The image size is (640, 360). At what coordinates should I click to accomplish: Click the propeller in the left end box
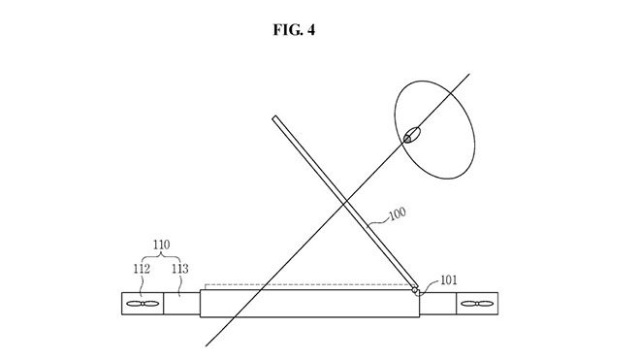142,304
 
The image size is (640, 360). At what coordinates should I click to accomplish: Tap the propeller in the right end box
473,304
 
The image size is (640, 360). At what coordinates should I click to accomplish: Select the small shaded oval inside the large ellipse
413,135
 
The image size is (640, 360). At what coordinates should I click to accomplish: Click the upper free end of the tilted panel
274,119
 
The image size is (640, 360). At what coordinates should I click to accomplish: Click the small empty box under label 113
181,304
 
